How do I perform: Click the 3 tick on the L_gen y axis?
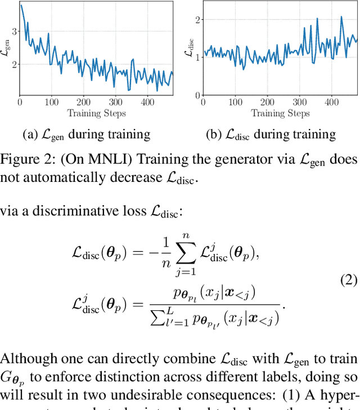14,31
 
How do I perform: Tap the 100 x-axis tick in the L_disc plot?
234,102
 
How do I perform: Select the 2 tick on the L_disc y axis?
197,20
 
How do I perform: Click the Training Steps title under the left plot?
96,113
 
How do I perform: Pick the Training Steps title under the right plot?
280,113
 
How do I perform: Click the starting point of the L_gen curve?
20,5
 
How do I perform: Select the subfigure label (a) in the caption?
30,135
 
